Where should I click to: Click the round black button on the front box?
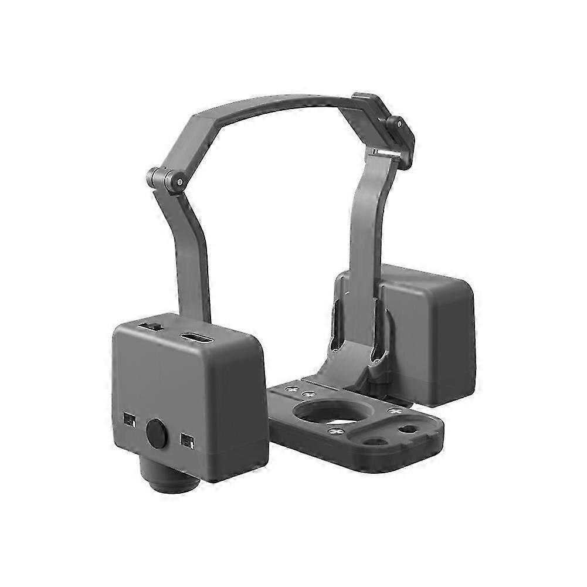point(157,435)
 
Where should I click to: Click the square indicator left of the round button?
point(129,420)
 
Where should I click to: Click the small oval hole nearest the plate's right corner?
point(409,430)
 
